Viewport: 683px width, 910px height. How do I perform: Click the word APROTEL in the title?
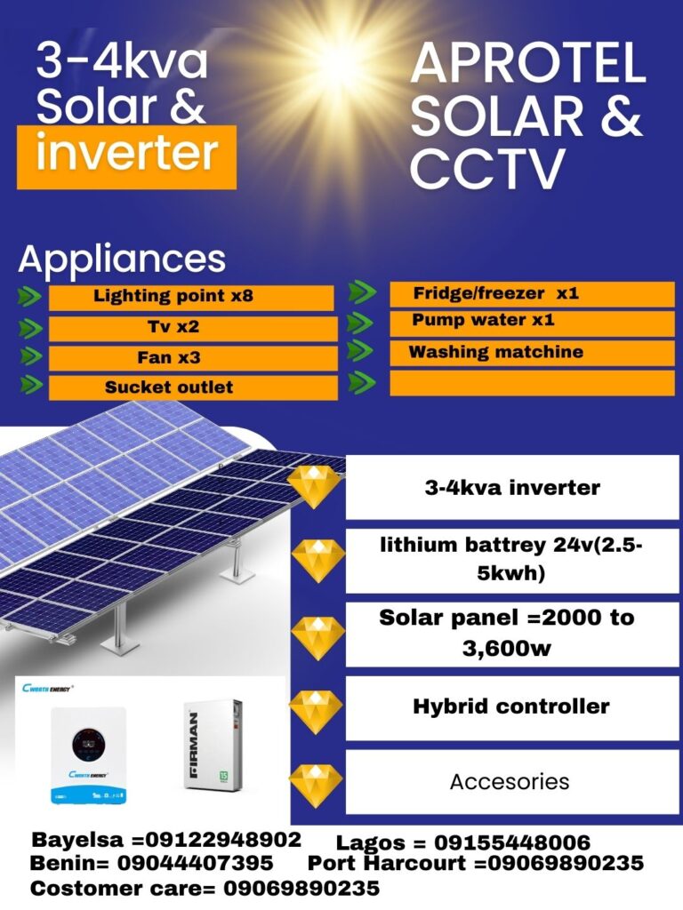click(528, 63)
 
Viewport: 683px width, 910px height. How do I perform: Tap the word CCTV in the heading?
click(487, 168)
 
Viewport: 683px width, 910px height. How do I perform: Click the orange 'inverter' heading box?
click(126, 156)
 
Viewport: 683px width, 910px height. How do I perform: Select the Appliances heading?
click(122, 259)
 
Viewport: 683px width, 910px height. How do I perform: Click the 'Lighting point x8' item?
click(191, 298)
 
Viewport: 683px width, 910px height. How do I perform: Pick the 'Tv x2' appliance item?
click(193, 329)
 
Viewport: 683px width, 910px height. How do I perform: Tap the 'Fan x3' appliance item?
click(193, 358)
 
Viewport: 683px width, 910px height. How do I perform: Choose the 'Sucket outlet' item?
click(193, 387)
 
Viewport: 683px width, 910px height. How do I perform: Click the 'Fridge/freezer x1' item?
click(532, 294)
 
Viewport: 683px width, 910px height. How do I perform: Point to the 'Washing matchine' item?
click(532, 354)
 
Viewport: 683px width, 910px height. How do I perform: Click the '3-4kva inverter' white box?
click(512, 488)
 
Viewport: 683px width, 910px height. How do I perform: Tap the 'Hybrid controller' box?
click(512, 707)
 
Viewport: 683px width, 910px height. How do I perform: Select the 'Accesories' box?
click(512, 782)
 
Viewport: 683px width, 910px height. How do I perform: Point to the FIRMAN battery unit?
click(213, 746)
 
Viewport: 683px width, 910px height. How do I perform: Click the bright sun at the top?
click(339, 65)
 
